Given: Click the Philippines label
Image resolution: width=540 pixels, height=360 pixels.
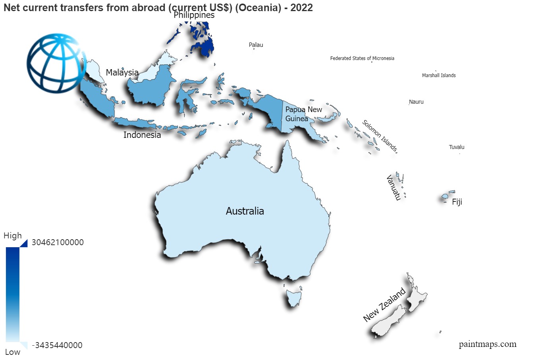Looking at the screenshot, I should click(x=194, y=15).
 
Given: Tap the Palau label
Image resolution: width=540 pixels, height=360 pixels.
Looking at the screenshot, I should click(x=256, y=45).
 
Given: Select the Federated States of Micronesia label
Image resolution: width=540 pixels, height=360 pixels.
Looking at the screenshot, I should click(x=362, y=58).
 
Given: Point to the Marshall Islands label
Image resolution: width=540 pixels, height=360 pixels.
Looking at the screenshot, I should click(x=439, y=75).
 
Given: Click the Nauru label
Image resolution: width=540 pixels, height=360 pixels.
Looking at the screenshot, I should click(x=416, y=102).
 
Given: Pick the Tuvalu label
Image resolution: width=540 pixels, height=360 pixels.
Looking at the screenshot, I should click(x=457, y=147).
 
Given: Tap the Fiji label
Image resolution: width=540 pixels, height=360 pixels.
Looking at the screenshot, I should click(x=457, y=202).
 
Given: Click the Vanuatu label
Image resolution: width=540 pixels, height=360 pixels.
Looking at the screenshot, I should click(x=393, y=188).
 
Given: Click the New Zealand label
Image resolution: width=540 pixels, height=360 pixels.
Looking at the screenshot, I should click(x=384, y=305).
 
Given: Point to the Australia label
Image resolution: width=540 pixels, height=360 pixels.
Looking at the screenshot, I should click(x=245, y=211).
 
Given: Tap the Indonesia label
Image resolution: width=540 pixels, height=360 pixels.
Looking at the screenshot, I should click(x=142, y=135).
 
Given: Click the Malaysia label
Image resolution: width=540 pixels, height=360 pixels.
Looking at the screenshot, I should click(x=122, y=73).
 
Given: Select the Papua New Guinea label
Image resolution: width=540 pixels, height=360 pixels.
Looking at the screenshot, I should click(x=303, y=114).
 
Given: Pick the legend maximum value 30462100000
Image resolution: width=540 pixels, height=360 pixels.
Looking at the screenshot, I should click(x=58, y=242).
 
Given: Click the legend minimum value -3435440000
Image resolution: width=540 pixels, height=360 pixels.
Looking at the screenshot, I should click(x=57, y=345).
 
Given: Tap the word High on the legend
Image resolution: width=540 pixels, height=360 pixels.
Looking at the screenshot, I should click(x=13, y=236).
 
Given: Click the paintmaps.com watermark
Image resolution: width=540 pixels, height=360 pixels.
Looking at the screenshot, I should click(x=488, y=344).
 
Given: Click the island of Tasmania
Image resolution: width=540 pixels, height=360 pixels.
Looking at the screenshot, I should click(x=294, y=298).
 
